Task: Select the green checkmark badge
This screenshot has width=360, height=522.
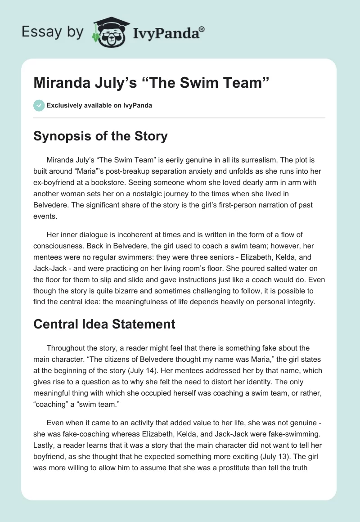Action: pyautogui.click(x=39, y=106)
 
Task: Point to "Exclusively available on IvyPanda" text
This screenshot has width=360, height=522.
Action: pyautogui.click(x=99, y=106)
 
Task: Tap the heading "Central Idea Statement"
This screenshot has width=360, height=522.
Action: pyautogui.click(x=104, y=324)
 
